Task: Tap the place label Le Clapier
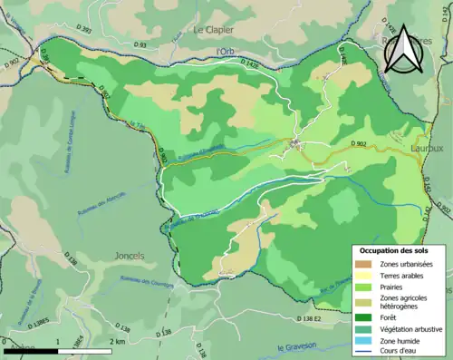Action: point(215,30)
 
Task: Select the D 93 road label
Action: point(140,44)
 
